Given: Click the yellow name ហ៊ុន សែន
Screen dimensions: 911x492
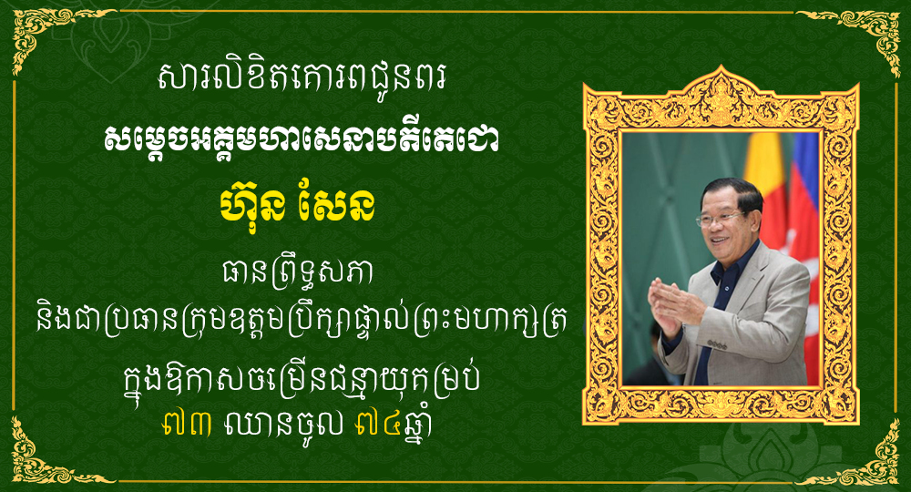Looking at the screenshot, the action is tap(297, 204).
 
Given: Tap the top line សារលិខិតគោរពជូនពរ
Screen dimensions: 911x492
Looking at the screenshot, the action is tap(302, 78).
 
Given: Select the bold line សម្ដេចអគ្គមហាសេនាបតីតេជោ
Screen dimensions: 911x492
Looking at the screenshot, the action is tap(302, 138).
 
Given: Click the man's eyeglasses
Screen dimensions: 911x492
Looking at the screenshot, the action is tap(720, 219).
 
